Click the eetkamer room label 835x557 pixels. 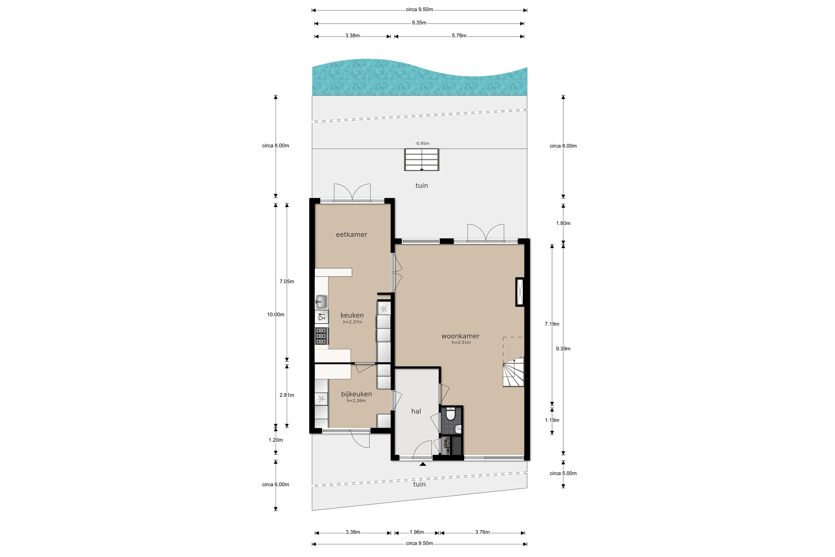click(351, 234)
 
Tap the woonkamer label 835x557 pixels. click(461, 336)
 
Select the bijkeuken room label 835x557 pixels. click(356, 394)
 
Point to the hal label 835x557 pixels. click(416, 411)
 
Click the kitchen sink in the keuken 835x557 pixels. click(321, 302)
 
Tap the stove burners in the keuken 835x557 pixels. click(321, 336)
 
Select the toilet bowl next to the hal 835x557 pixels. click(450, 414)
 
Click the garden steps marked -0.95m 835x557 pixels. click(422, 160)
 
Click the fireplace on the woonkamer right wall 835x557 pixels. click(520, 292)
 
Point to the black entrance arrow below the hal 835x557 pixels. click(423, 464)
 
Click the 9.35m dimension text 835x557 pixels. click(419, 23)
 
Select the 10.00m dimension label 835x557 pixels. click(276, 315)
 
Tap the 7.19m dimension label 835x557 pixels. click(552, 324)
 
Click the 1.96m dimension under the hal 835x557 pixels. click(417, 532)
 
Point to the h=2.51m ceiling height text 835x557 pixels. click(461, 343)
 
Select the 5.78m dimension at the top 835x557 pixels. click(459, 36)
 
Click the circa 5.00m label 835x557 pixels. click(563, 473)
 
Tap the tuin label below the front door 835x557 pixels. click(419, 484)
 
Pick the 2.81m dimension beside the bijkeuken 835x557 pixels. click(287, 395)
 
